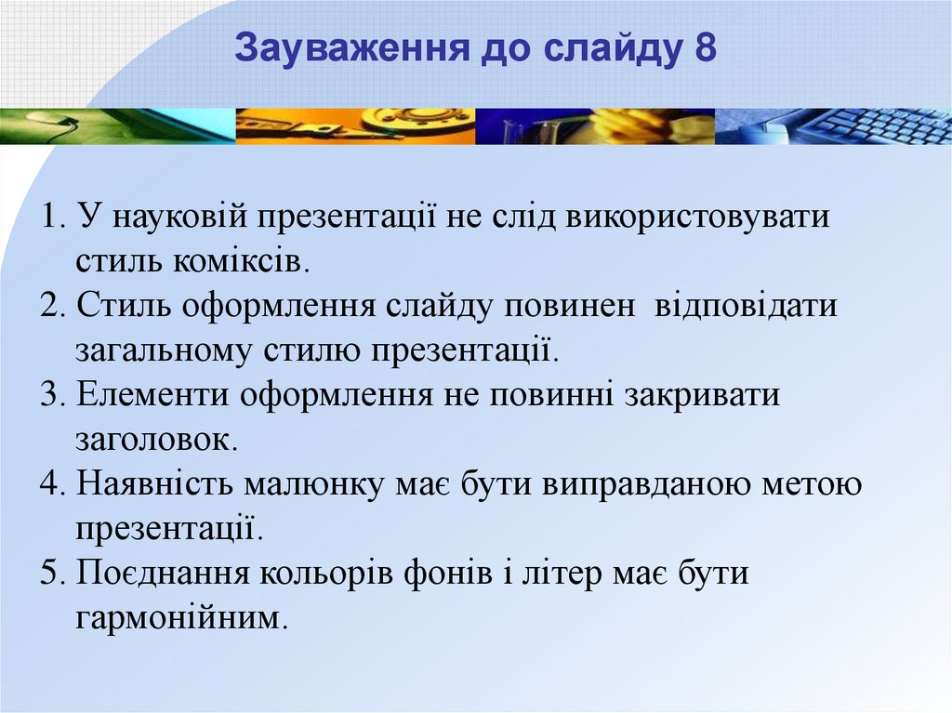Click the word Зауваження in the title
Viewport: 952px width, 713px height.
click(x=352, y=48)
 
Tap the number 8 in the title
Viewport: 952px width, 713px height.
click(x=704, y=48)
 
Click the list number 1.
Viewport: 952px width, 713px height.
click(x=53, y=217)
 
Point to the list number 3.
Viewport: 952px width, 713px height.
click(x=53, y=395)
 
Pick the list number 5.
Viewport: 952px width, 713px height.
click(x=53, y=574)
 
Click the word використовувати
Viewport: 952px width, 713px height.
click(x=697, y=218)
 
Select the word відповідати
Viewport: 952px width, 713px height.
click(x=746, y=307)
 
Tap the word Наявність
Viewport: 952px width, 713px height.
click(x=155, y=484)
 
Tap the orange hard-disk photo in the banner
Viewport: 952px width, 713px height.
click(x=355, y=126)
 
